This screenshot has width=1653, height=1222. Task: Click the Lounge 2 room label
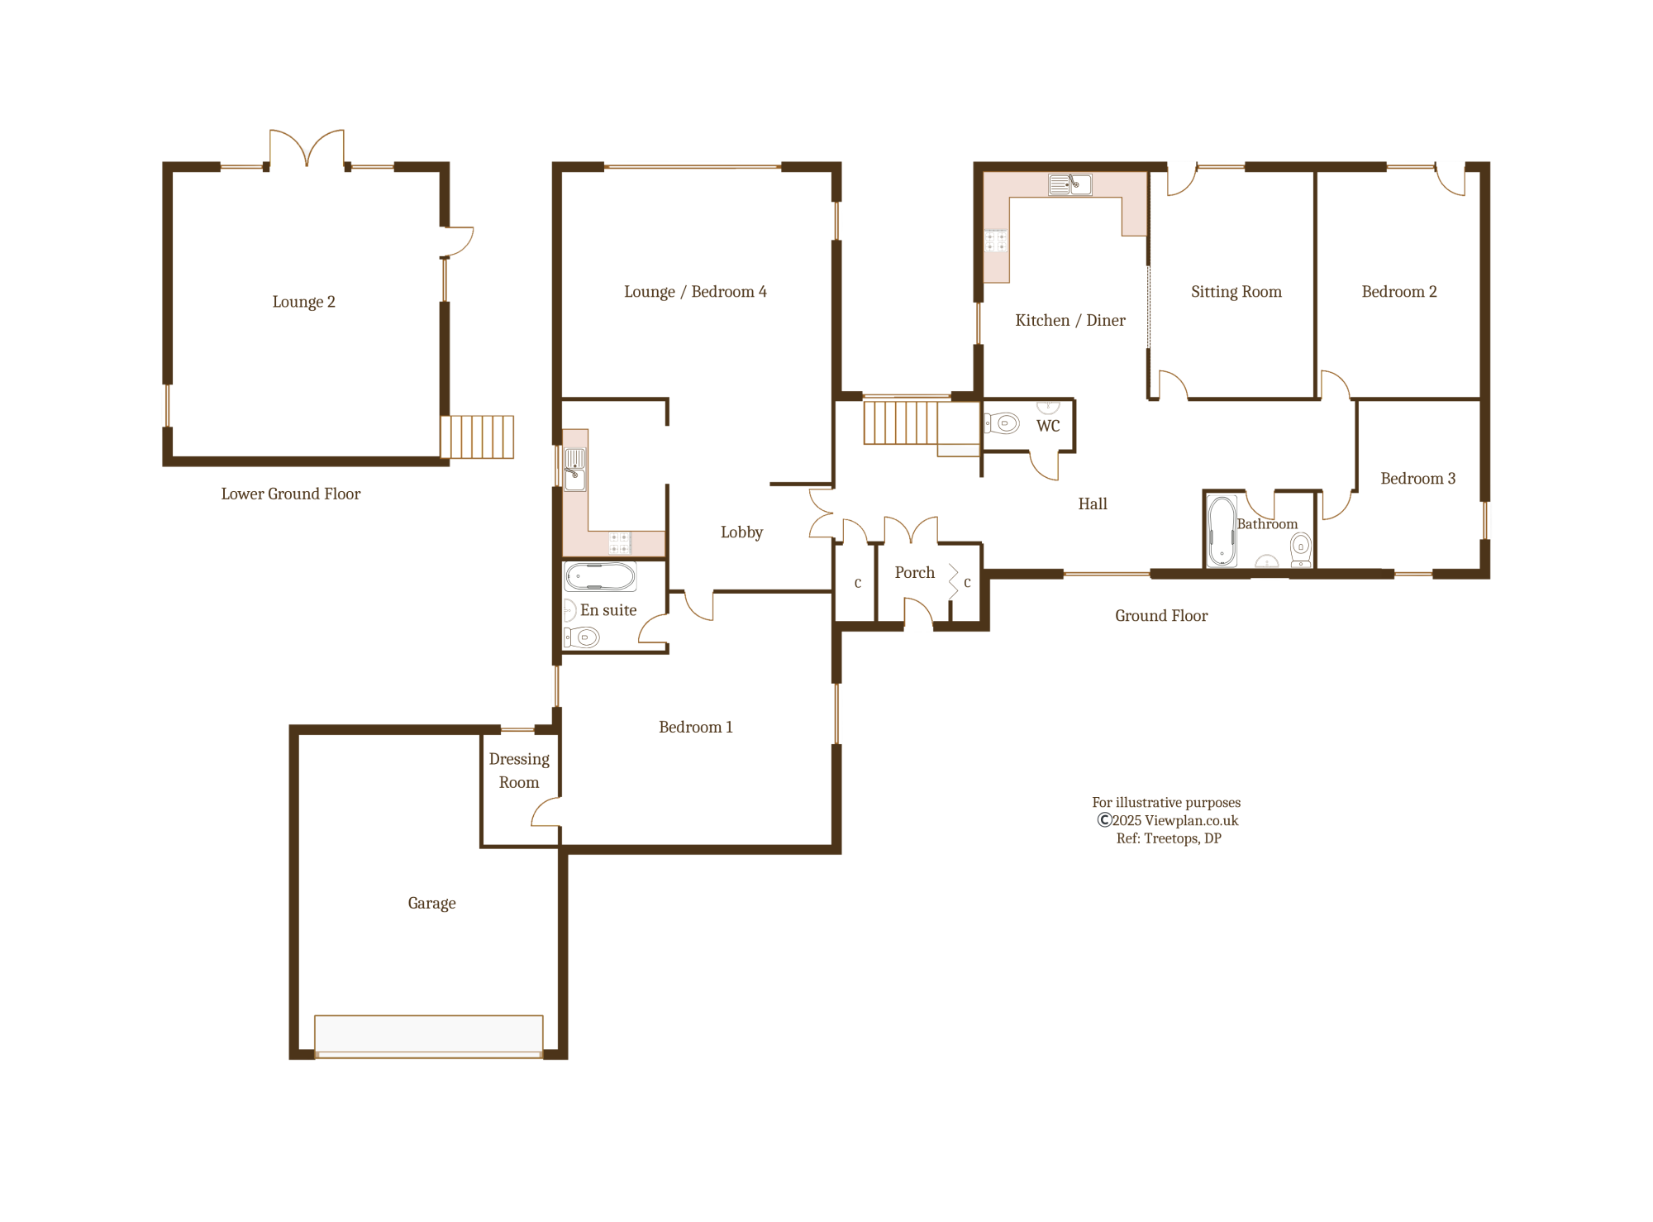(303, 302)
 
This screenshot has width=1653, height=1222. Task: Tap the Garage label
(431, 903)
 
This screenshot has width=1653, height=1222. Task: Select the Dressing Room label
(519, 771)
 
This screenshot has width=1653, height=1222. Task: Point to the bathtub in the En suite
(601, 576)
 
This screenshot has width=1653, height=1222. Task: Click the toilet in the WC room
(1003, 423)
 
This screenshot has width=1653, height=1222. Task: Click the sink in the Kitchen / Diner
(1070, 184)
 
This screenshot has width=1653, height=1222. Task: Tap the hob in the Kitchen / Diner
(996, 241)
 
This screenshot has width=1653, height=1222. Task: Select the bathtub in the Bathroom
(1222, 531)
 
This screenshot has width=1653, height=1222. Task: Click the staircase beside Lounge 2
(478, 437)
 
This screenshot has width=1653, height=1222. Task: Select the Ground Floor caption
(1160, 616)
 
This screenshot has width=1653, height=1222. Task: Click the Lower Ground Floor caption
(290, 494)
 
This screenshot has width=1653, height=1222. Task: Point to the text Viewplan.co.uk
(1191, 820)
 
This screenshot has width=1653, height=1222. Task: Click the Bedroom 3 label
(1417, 479)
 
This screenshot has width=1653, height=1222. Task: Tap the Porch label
(914, 573)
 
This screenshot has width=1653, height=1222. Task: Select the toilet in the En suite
(583, 637)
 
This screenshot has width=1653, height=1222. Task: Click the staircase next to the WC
(901, 422)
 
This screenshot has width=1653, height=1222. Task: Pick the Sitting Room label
(1236, 292)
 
